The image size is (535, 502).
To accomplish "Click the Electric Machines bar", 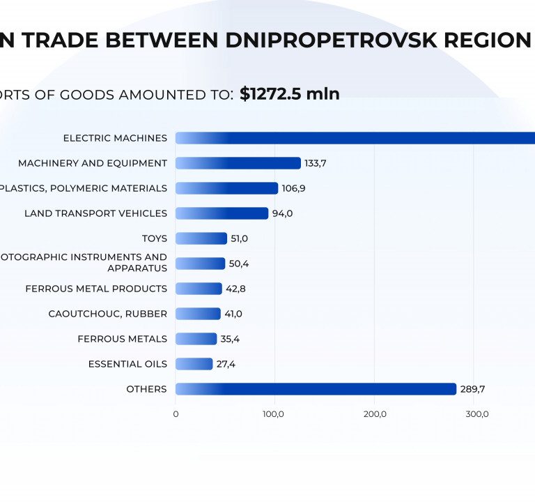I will coord(355,138).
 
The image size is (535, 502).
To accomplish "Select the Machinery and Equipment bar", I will coord(238,163).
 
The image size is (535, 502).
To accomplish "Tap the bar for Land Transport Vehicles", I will coord(222,213).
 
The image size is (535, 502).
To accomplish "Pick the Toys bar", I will coord(201,238).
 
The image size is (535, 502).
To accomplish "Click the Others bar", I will coord(316,389).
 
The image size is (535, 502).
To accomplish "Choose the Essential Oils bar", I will coord(194,364).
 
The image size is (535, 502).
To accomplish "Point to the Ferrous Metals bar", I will coord(196,339).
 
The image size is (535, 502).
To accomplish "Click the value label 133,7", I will coord(316,163).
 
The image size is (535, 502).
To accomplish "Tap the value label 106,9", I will coord(294,188).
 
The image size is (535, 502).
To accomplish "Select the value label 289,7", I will coord(472,389).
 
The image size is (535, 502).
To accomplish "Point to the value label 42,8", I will coord(237,289).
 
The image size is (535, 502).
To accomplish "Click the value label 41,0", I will coord(233,314).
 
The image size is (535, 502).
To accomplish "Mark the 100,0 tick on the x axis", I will coord(274,414).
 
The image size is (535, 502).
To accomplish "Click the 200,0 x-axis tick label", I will coord(375,414).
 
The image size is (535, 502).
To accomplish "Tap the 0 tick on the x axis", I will coord(176,414).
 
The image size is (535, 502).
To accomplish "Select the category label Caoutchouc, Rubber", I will coord(108,314).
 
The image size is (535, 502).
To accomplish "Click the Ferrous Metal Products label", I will coord(96,289).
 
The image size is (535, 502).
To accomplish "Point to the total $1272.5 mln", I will coord(290,94).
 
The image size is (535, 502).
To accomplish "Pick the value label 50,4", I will coord(239,264).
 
